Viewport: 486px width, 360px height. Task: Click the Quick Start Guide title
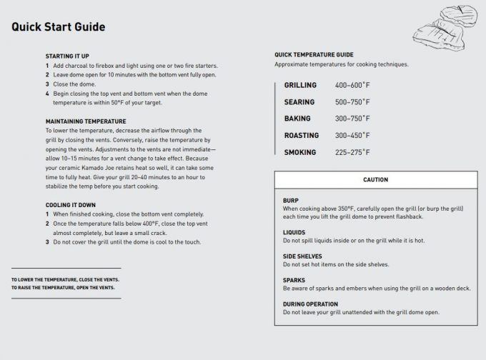(59, 28)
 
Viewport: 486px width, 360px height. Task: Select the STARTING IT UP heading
(67, 56)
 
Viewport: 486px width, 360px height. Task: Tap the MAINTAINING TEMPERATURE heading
(86, 121)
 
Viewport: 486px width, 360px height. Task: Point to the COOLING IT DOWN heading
(71, 205)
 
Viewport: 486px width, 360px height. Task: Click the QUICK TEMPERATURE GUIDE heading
(314, 55)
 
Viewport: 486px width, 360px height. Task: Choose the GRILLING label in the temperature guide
(300, 86)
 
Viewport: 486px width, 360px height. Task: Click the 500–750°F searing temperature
(352, 102)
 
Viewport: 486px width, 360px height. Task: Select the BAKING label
(297, 119)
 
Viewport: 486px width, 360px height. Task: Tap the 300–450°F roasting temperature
(352, 135)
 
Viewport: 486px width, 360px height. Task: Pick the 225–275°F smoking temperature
(352, 152)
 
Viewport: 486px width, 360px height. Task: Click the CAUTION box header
(375, 180)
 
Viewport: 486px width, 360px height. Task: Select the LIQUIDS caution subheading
(293, 232)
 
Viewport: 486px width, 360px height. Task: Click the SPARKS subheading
(294, 280)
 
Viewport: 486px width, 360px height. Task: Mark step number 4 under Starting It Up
(47, 94)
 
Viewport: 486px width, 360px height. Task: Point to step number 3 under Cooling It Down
(47, 241)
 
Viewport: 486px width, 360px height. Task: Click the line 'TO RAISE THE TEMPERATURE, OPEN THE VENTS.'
(62, 287)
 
